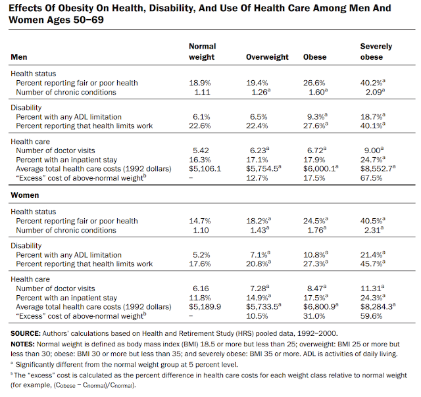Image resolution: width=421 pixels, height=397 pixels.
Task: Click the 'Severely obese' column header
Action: click(376, 52)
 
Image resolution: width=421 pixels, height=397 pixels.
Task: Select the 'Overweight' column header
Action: click(267, 57)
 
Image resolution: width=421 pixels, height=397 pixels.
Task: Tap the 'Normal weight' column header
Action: click(202, 52)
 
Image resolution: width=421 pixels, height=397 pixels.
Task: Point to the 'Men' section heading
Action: click(20, 57)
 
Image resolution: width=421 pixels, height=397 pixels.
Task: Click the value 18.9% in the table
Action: click(200, 82)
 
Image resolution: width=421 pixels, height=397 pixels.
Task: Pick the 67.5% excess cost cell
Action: click(373, 177)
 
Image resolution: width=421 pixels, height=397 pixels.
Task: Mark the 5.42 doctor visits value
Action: click(200, 150)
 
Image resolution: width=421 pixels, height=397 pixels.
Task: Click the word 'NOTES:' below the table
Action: click(24, 344)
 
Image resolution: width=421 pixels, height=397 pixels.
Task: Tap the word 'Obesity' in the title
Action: click(75, 9)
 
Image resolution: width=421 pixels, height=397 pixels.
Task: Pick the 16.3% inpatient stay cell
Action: click(200, 159)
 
